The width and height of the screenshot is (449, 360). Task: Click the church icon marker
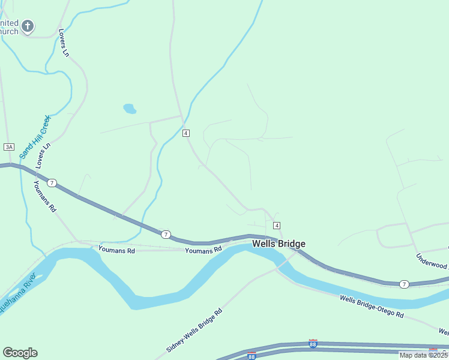[x=28, y=26]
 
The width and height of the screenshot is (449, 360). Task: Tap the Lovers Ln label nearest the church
[x=64, y=43]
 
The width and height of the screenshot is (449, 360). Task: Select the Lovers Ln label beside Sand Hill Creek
[x=43, y=155]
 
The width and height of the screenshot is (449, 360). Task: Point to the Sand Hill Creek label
[x=35, y=137]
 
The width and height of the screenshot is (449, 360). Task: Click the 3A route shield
[x=8, y=147]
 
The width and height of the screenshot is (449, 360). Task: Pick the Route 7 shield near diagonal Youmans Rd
[x=52, y=182]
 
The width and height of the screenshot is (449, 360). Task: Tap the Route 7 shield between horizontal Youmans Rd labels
[x=166, y=234]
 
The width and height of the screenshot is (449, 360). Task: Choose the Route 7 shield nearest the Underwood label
[x=405, y=284]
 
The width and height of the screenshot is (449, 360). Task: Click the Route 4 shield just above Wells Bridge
[x=276, y=225]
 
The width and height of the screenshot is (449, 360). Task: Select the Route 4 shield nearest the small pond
[x=186, y=133]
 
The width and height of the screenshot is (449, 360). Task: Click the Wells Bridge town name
[x=279, y=244]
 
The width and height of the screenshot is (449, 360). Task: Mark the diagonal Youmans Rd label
[x=45, y=196]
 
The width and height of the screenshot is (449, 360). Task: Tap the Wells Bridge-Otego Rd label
[x=371, y=307]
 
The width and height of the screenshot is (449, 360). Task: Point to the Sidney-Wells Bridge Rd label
[x=193, y=330]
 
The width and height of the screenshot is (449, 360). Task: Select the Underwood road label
[x=432, y=261]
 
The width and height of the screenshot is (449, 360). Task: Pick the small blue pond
[x=129, y=109]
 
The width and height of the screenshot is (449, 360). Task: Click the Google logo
[x=20, y=353]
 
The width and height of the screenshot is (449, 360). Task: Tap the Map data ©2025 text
[x=423, y=355]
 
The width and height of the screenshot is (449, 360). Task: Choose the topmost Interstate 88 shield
[x=313, y=343]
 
